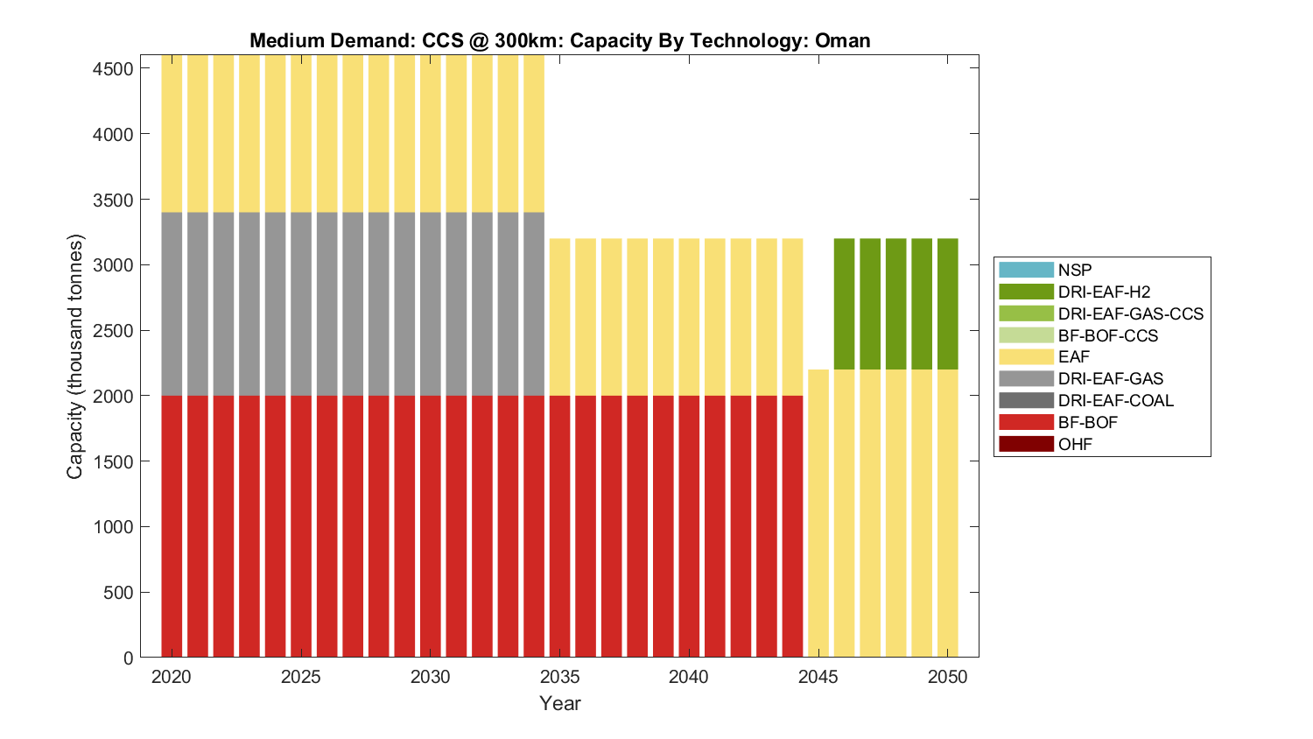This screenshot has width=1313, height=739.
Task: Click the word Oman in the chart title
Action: point(842,40)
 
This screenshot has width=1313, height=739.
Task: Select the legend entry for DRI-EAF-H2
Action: point(1104,292)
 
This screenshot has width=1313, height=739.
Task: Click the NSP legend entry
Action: point(1075,270)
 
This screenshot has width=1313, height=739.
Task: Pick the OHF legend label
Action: point(1075,444)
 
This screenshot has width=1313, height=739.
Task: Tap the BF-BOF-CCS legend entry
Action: point(1107,335)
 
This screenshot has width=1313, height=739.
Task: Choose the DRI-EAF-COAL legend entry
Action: point(1115,400)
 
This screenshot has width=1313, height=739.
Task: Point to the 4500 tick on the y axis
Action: point(113,68)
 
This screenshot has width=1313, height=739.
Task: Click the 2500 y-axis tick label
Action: point(113,330)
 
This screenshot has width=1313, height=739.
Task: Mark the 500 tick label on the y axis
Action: point(117,593)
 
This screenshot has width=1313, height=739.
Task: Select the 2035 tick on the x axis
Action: point(559,677)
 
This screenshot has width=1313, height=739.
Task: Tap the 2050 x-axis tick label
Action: point(948,677)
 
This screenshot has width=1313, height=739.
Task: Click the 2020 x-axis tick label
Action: point(172,677)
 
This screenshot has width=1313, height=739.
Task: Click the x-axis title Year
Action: point(560,703)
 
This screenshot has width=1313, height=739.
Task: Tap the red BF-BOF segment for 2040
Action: point(689,526)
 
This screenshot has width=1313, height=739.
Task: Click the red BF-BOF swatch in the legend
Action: point(1026,422)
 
